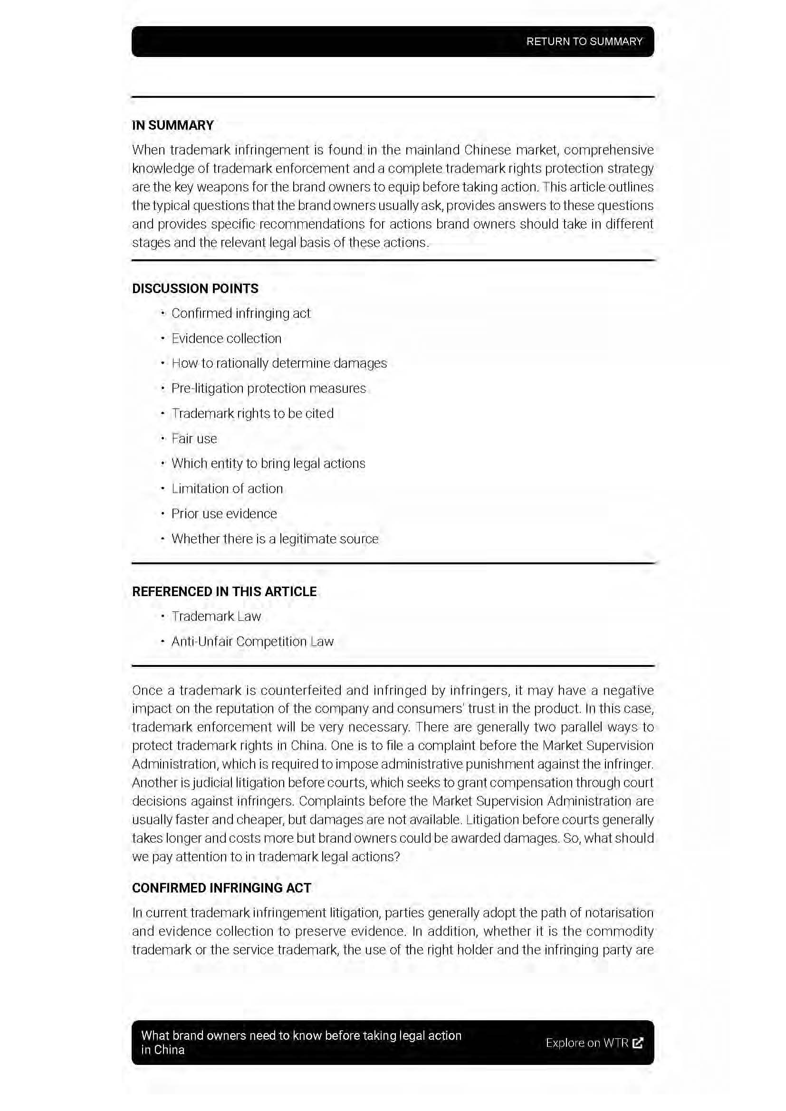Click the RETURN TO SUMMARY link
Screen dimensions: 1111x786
(584, 42)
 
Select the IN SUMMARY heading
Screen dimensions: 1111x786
(173, 125)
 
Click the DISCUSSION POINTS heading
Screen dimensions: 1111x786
(195, 288)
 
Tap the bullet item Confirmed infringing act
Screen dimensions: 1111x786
(240, 313)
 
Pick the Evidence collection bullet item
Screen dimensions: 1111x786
(226, 339)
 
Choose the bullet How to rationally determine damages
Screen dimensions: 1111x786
(279, 363)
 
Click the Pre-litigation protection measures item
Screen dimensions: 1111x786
(268, 389)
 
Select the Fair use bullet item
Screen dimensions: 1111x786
(194, 439)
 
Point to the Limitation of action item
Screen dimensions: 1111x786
(227, 489)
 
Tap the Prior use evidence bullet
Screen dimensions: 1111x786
(224, 514)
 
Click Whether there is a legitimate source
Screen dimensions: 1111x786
(275, 539)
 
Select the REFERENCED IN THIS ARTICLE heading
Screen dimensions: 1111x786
(224, 592)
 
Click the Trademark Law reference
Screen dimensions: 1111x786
(216, 617)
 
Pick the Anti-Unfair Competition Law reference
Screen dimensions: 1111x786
(252, 642)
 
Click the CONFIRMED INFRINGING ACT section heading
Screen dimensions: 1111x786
(221, 888)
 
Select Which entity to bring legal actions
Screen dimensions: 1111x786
(268, 464)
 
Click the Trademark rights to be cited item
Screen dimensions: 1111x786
(252, 414)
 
